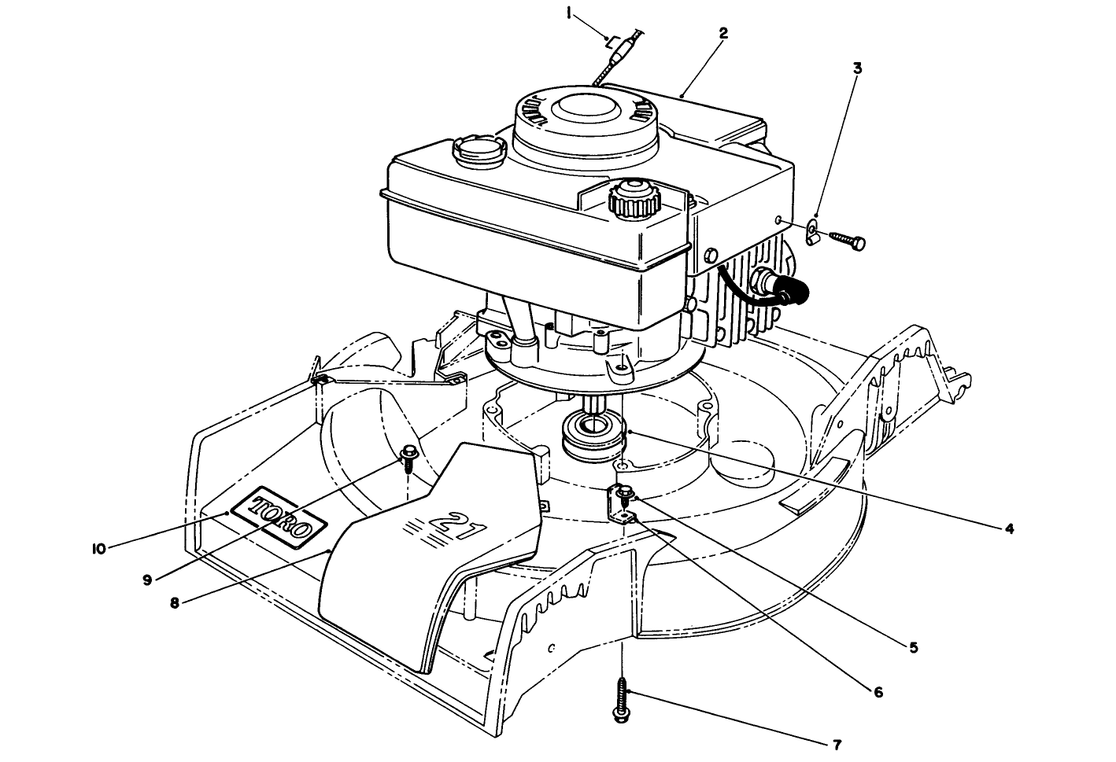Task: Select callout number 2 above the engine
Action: [722, 33]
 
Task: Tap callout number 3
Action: [857, 68]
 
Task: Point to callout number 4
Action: [1009, 528]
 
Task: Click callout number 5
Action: [913, 649]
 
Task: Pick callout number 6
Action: [878, 692]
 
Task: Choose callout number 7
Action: [837, 743]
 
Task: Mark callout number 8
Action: [175, 603]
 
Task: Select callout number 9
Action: [146, 579]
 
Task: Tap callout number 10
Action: [98, 549]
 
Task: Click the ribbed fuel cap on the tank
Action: [634, 197]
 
